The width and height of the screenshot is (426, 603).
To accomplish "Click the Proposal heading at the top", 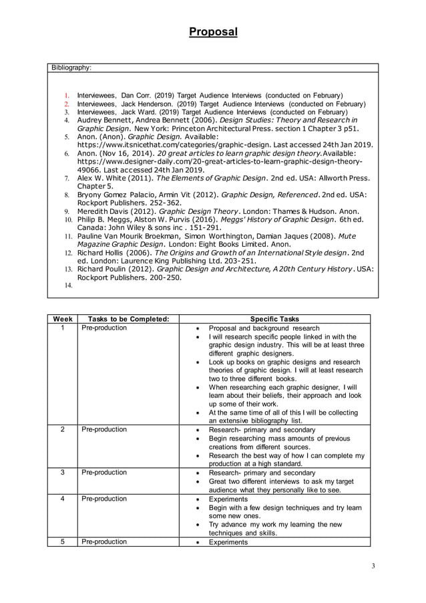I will coord(212,31).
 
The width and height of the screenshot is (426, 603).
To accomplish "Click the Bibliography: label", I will coord(72,68).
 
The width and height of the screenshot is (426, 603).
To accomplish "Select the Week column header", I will coord(63,320).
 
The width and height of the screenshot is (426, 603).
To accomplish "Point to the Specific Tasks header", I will coord(274,320).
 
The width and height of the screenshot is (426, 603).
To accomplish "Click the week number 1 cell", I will coord(63,328).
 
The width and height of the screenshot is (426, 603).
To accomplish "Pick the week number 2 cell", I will coord(63,430).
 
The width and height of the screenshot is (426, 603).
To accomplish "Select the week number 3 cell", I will coord(63,473).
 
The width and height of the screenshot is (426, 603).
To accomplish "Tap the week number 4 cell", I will coord(63,499).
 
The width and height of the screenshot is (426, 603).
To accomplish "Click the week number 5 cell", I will coord(63,542).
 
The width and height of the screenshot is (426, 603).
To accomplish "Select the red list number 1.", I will coord(67,96).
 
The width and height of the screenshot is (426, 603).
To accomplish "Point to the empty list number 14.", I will coord(68,285).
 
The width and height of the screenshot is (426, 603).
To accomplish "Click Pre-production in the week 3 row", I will coord(104,473).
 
